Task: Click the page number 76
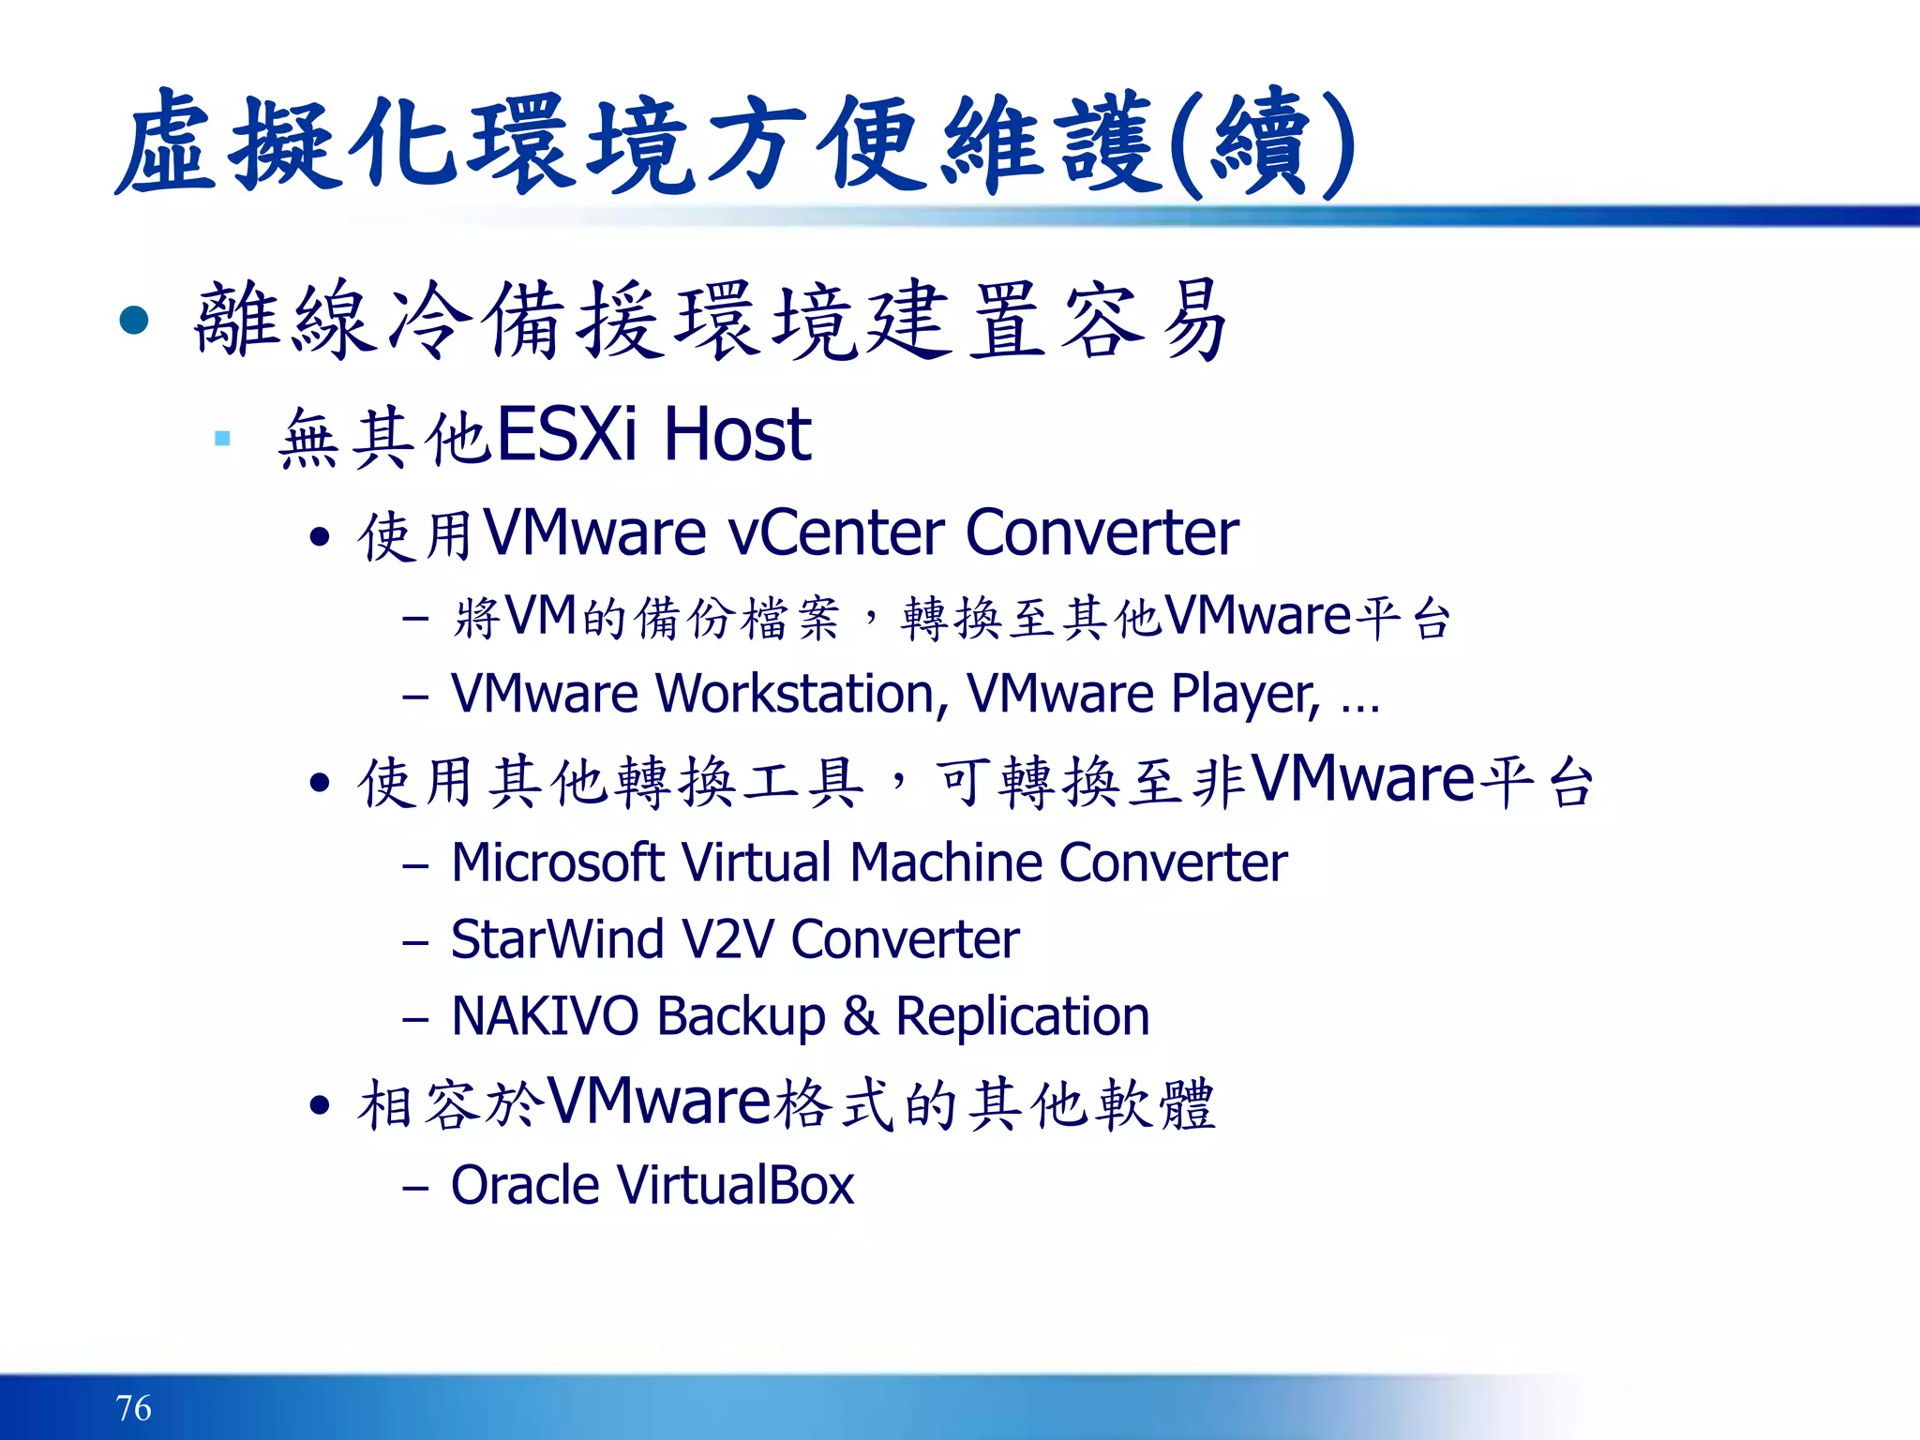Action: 133,1407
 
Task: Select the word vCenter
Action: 835,533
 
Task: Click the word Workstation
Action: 795,695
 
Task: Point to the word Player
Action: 1246,695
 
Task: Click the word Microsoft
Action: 557,862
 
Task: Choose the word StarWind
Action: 557,939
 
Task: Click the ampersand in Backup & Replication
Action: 861,1016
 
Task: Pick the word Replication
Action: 1022,1016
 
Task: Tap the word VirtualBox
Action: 735,1185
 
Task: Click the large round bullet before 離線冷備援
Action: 134,321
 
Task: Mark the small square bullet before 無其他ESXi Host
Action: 222,438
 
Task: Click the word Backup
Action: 741,1018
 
